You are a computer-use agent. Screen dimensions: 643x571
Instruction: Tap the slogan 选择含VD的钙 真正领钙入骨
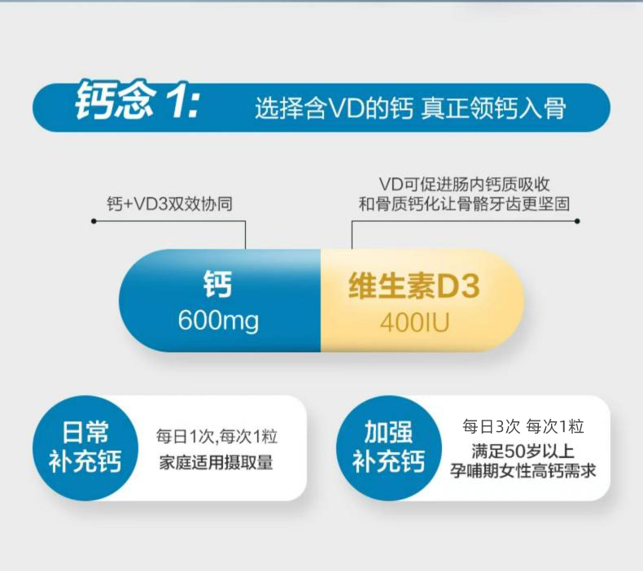[410, 109]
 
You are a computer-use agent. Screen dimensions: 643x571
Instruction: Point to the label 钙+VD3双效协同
[170, 203]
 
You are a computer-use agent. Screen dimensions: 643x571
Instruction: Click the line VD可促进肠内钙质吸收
[464, 185]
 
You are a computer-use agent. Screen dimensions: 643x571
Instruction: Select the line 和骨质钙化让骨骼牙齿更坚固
[464, 203]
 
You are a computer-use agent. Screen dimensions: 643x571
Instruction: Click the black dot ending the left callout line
[94, 221]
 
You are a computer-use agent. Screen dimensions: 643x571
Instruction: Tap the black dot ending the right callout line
[577, 221]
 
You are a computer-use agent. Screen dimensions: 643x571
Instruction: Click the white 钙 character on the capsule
[218, 284]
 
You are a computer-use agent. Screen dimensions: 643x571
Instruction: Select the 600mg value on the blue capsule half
[219, 321]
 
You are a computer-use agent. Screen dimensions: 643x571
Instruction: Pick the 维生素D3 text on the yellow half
[414, 285]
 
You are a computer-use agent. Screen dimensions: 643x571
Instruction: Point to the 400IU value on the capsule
[414, 323]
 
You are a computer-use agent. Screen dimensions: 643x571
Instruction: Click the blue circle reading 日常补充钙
[85, 447]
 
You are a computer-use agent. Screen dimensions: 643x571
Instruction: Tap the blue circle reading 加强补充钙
[388, 447]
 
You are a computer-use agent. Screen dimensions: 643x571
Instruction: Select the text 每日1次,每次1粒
[217, 437]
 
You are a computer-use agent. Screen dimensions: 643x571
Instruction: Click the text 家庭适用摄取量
[217, 463]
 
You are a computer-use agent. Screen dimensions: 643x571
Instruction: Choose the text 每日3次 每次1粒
[523, 427]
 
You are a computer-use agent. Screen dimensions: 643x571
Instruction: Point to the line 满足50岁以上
[523, 451]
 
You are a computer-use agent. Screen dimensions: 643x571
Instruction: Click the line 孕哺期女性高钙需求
[523, 471]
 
